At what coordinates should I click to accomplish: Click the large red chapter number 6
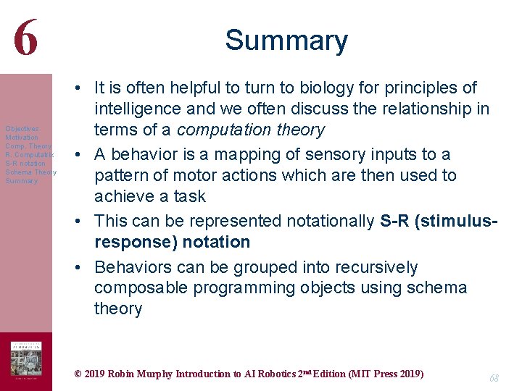coord(25,37)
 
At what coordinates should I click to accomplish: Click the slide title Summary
coord(286,41)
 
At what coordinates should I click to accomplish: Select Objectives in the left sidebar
coord(21,129)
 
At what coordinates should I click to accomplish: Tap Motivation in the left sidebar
coord(21,138)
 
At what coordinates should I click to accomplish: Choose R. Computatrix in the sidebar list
coord(29,155)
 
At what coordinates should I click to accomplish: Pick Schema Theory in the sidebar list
coord(30,172)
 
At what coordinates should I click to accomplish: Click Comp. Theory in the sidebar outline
coord(28,146)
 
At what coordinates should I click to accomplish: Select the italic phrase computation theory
coord(250,130)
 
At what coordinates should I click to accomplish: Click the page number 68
coord(494,378)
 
